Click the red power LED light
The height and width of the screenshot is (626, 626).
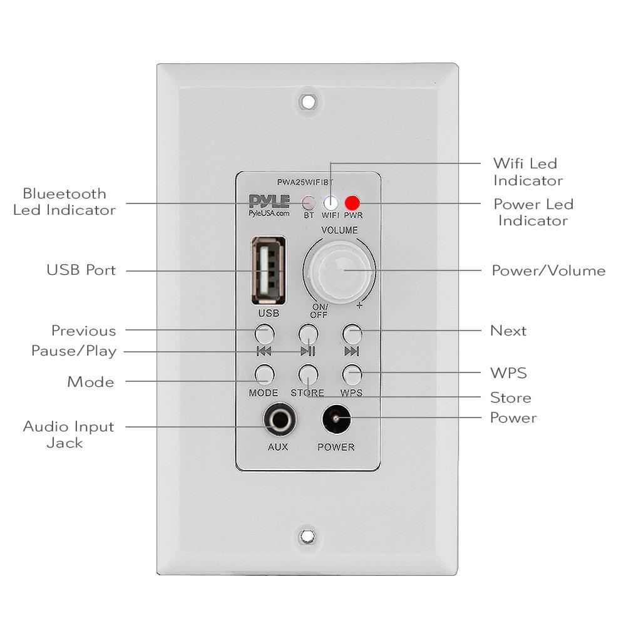(353, 203)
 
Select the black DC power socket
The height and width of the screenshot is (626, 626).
(336, 420)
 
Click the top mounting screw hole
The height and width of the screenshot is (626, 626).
(307, 100)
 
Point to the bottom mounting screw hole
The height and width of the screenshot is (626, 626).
(307, 536)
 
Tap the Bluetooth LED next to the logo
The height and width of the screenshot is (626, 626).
(309, 203)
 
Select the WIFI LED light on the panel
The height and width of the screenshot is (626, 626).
(331, 203)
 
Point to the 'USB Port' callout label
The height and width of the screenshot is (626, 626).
(81, 271)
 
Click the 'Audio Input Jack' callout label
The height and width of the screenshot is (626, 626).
(69, 434)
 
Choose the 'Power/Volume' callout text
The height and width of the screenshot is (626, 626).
(548, 271)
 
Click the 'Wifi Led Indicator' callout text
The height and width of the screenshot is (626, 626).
(528, 172)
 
